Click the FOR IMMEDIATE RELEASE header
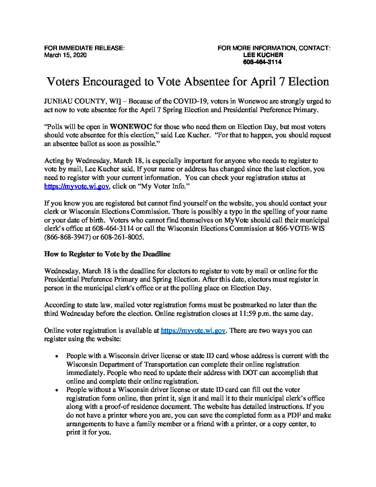pyautogui.click(x=84, y=48)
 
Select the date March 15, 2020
pyautogui.click(x=65, y=55)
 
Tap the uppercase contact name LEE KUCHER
pyautogui.click(x=263, y=55)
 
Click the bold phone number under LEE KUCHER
pyautogui.click(x=262, y=62)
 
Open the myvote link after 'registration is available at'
pyautogui.click(x=194, y=331)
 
